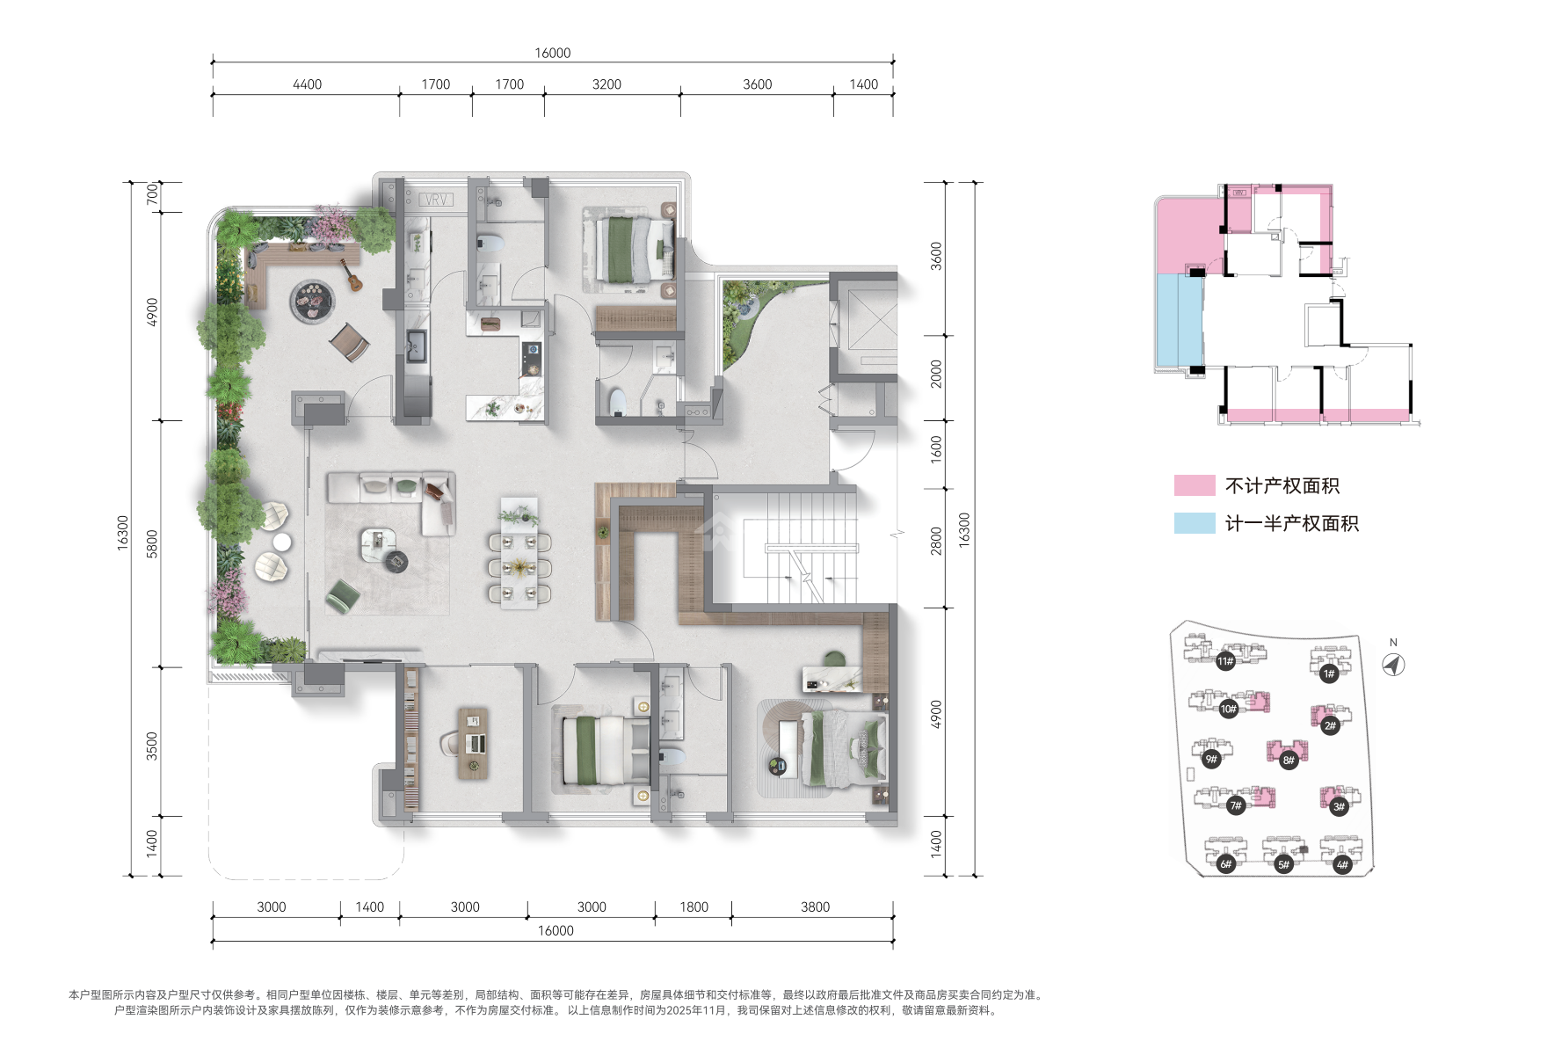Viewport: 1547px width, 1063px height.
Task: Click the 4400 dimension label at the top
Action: [x=307, y=84]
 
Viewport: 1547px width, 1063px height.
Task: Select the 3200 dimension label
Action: [x=606, y=84]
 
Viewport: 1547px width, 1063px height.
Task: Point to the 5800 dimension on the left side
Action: [x=152, y=543]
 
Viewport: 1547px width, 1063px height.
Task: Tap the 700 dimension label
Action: [x=152, y=194]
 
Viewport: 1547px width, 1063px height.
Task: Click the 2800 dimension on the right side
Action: [x=936, y=540]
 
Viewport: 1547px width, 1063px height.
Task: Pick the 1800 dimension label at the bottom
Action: [x=694, y=906]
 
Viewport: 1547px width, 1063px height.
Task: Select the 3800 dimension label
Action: [x=815, y=906]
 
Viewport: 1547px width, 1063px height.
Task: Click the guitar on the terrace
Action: [x=351, y=275]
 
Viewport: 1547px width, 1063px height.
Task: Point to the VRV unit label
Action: [x=436, y=200]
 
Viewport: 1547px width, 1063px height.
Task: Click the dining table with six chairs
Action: [x=519, y=557]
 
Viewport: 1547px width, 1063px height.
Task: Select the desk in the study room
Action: [x=473, y=744]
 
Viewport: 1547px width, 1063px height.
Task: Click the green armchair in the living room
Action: [x=342, y=596]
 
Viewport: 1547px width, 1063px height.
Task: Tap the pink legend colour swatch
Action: [x=1195, y=485]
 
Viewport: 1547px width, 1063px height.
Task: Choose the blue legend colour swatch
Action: [x=1195, y=523]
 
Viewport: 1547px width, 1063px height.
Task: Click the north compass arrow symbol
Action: [x=1393, y=665]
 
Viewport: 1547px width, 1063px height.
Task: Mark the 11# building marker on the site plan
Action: [x=1225, y=661]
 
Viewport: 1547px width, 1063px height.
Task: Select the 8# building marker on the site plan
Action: [x=1289, y=760]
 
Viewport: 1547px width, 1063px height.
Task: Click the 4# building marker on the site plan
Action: [x=1342, y=864]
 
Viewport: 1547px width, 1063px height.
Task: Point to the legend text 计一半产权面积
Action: [x=1292, y=524]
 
